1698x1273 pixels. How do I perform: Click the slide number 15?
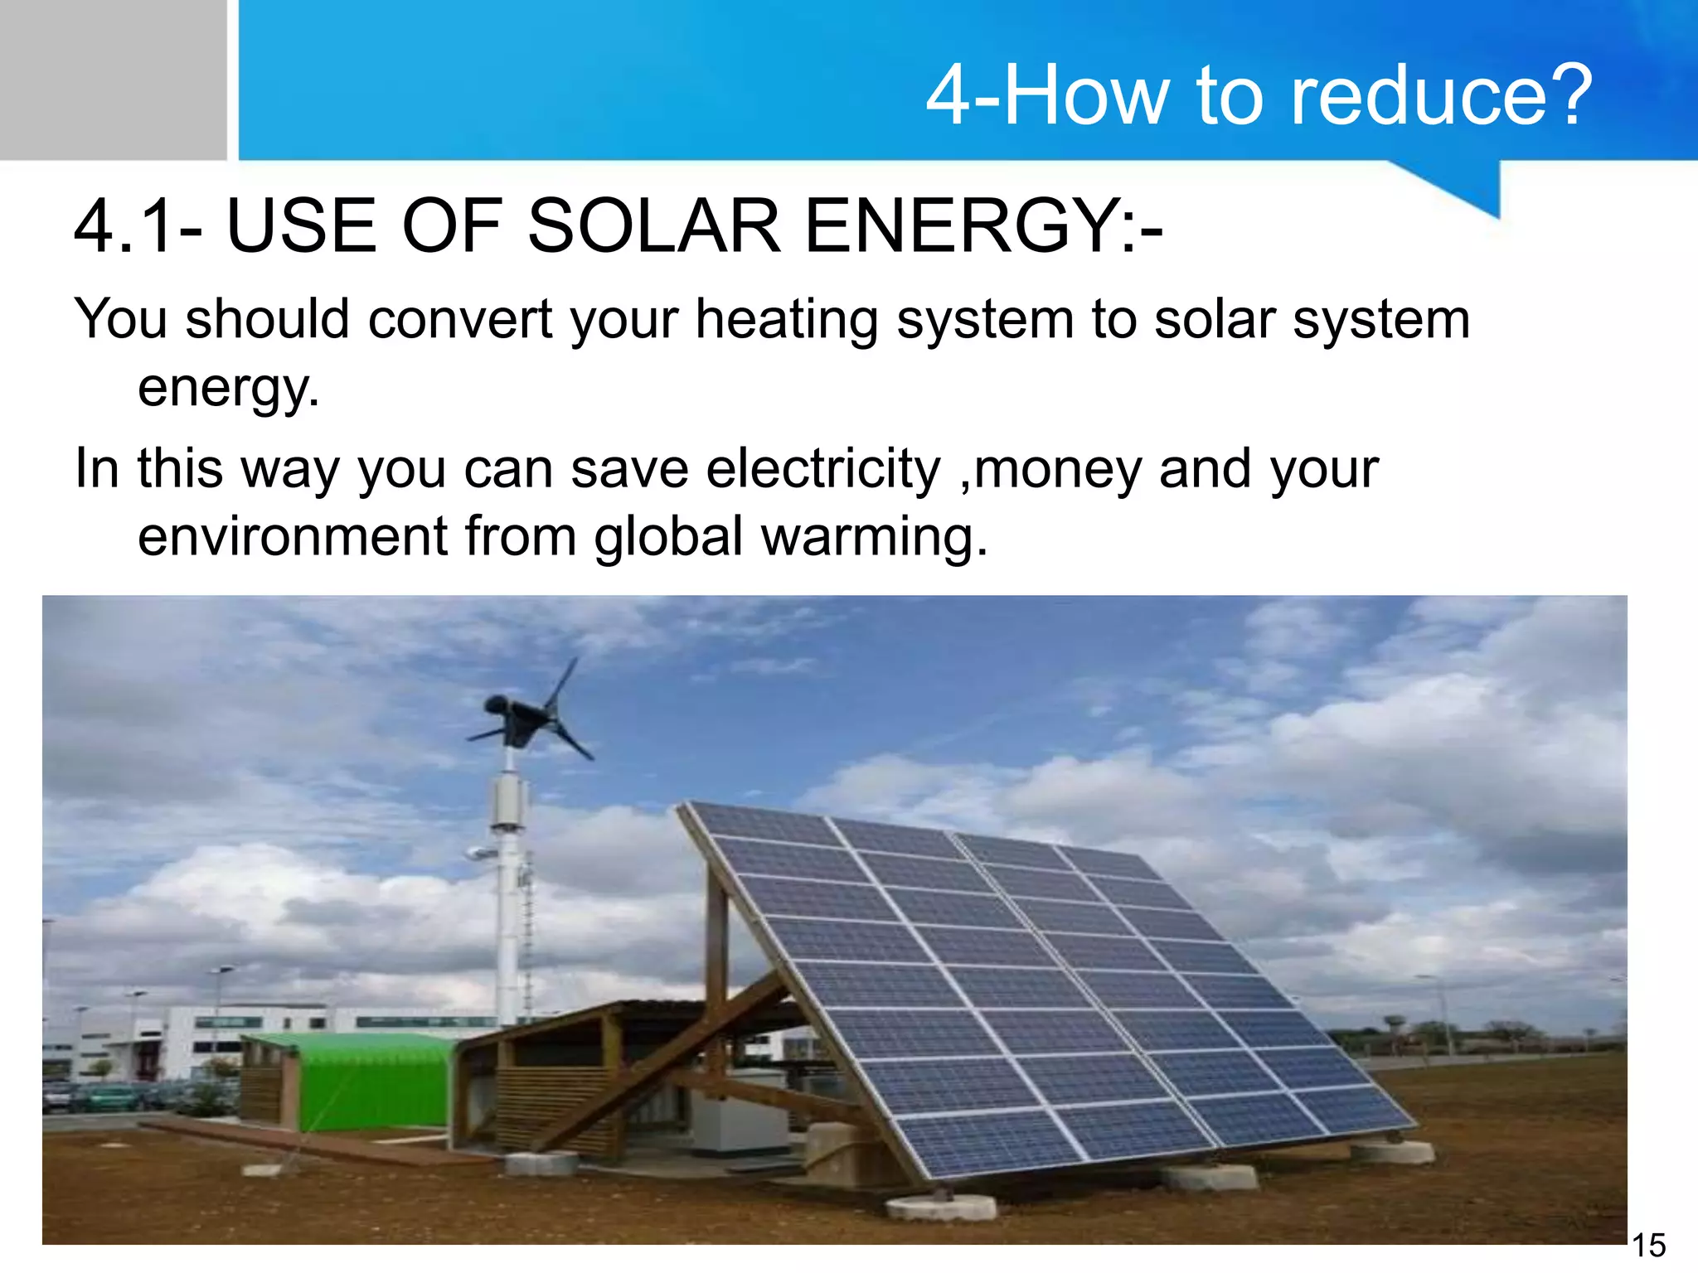[1648, 1246]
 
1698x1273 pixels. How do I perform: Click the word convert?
[460, 320]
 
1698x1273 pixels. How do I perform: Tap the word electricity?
[823, 469]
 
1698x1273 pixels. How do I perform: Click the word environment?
[292, 536]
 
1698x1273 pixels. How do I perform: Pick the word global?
[668, 536]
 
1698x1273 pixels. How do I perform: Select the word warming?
[875, 536]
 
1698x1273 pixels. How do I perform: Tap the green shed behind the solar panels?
[373, 1082]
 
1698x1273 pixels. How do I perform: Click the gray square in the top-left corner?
[113, 80]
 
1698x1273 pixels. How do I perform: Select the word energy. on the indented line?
[229, 387]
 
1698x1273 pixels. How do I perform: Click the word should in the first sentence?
[267, 320]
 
